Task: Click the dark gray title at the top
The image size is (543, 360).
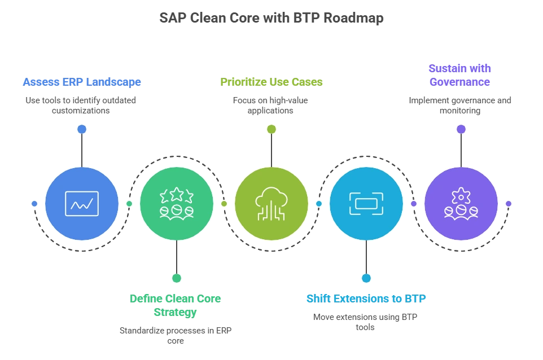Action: coord(271,17)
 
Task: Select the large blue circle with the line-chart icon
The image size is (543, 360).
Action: coord(82,203)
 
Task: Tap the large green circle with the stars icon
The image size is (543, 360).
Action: coord(177,203)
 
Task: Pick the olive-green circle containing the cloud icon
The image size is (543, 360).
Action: coord(271,203)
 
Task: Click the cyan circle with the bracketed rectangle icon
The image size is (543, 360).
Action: coord(366,203)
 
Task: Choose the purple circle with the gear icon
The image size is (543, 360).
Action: coord(461,203)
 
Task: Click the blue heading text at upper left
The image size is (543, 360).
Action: coord(82,81)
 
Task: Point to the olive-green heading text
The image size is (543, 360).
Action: coord(271,81)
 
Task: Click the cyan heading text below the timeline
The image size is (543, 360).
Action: coord(366,298)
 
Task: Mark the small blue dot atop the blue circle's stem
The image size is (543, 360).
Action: coord(82,129)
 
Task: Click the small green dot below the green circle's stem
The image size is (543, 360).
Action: coord(177,278)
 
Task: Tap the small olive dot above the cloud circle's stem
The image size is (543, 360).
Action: coord(271,129)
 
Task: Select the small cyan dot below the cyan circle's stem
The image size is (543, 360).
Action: coord(366,278)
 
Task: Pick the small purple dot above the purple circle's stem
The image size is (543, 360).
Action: coord(461,129)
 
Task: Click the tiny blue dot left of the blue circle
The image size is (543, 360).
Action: coord(34,203)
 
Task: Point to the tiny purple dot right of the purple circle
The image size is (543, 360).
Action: coord(509,203)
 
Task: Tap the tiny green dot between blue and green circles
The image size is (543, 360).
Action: coord(129,203)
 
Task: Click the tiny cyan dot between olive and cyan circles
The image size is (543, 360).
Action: coord(319,203)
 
